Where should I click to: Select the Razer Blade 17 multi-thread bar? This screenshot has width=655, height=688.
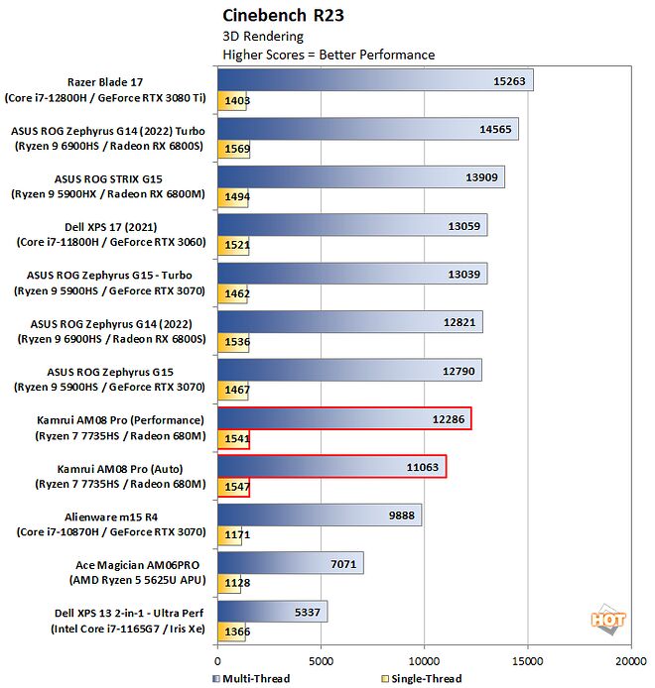(375, 80)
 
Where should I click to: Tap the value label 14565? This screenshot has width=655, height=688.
(494, 129)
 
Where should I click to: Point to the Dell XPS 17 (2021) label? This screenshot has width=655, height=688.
(109, 234)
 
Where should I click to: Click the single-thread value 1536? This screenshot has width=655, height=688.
(237, 341)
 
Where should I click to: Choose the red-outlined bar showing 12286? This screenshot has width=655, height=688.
(343, 418)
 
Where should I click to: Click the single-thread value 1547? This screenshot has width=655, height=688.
(237, 487)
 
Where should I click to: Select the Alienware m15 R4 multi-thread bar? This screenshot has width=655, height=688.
(319, 515)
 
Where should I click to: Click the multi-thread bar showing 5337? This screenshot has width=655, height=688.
(272, 612)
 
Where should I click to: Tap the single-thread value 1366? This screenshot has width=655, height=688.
(236, 631)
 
